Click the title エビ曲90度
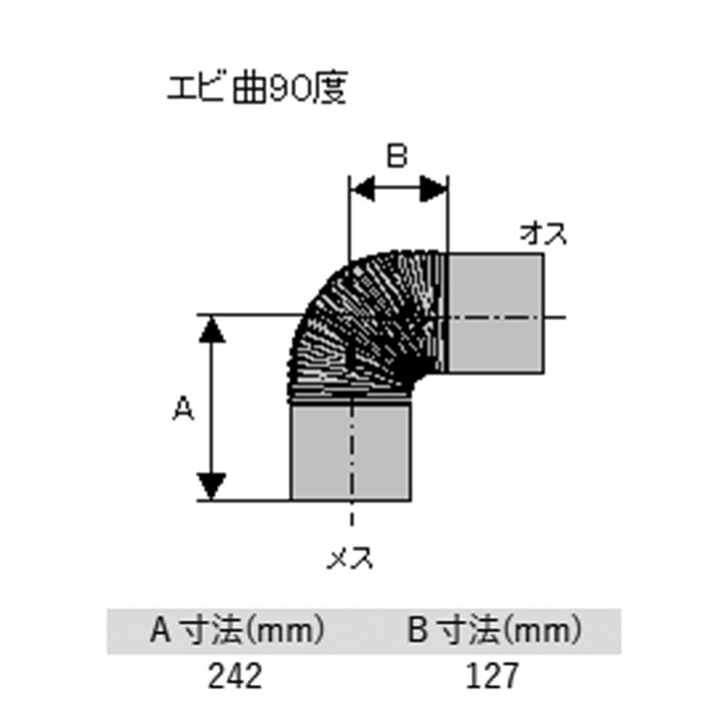[x=257, y=90]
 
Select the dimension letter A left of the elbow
[x=183, y=410]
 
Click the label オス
[x=543, y=235]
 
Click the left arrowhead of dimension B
[x=362, y=191]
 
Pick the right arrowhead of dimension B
[x=435, y=191]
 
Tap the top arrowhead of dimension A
[x=212, y=328]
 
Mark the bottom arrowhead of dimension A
[x=212, y=487]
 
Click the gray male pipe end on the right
[x=495, y=313]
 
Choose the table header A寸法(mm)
[x=236, y=630]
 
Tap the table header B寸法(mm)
[x=494, y=630]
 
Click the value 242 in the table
[x=234, y=677]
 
